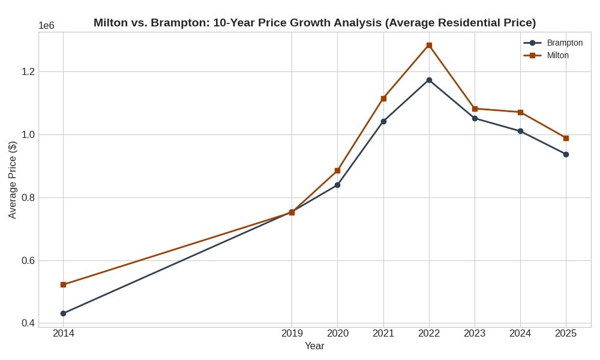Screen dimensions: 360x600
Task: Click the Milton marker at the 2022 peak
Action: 429,45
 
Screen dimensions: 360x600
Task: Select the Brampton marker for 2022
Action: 429,80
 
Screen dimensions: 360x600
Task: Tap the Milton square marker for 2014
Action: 63,284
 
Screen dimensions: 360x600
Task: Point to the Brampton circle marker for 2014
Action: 63,313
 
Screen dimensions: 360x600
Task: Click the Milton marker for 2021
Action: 383,98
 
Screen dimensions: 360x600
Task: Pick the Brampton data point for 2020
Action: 337,185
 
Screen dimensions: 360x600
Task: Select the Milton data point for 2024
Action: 520,112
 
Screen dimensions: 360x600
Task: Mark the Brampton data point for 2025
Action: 566,154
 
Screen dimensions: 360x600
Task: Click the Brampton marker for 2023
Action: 475,118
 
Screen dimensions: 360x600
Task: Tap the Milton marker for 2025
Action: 566,138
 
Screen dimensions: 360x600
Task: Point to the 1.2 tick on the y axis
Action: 28,71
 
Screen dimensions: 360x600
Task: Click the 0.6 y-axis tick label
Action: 28,260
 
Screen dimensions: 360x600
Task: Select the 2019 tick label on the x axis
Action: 292,333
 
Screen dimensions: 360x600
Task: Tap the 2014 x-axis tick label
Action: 63,333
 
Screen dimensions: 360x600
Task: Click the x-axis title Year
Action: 314,346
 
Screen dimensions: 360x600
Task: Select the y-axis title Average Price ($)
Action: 12,180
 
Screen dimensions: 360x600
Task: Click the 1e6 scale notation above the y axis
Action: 46,25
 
